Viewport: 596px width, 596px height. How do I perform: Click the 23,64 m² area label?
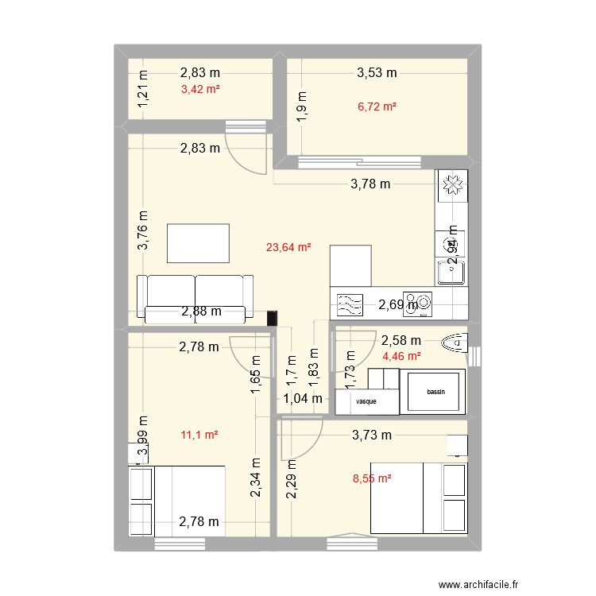(288, 247)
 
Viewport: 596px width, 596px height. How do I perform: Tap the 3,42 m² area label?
(199, 89)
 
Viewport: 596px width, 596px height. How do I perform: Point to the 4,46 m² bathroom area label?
(401, 356)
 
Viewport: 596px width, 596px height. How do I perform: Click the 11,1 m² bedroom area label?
(199, 435)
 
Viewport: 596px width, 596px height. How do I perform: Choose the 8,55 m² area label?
(373, 478)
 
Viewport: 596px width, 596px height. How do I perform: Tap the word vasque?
(366, 402)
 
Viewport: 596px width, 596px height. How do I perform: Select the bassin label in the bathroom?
(436, 393)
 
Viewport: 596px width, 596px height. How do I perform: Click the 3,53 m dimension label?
(377, 73)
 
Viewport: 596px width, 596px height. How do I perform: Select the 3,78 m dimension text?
(371, 184)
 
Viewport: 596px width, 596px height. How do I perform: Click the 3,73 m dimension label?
(372, 435)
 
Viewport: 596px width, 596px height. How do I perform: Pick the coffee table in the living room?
(199, 243)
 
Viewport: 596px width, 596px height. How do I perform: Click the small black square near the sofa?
(273, 318)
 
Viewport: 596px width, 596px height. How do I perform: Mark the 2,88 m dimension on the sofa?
(201, 312)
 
